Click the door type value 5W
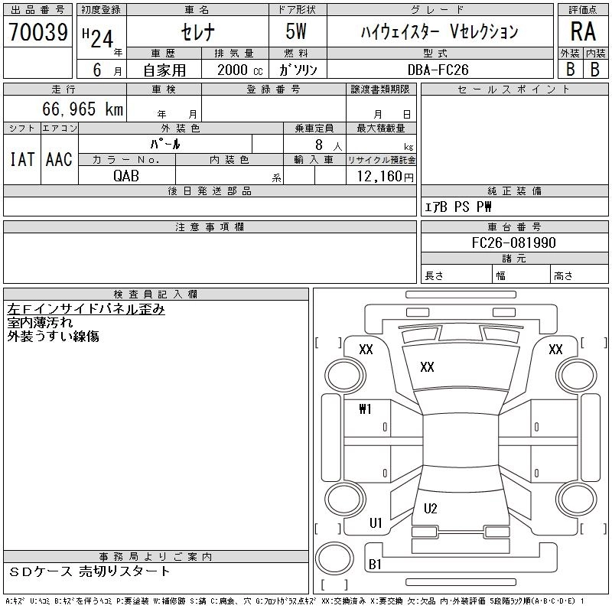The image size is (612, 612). click(x=298, y=32)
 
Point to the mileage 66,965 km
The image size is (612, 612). click(x=83, y=109)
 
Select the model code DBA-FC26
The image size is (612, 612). click(x=439, y=69)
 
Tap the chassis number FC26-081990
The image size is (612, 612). click(x=514, y=243)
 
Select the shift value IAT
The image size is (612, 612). click(x=22, y=159)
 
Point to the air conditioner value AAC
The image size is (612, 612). click(x=59, y=159)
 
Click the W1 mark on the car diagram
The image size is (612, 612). click(x=365, y=409)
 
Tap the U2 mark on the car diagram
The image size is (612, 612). click(x=430, y=509)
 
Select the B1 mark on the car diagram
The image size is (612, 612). click(x=375, y=564)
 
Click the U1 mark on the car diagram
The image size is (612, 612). click(x=375, y=523)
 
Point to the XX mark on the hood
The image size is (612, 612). click(x=427, y=367)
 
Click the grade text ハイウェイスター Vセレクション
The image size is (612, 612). click(x=439, y=32)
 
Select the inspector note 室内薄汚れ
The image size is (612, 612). click(x=41, y=323)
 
